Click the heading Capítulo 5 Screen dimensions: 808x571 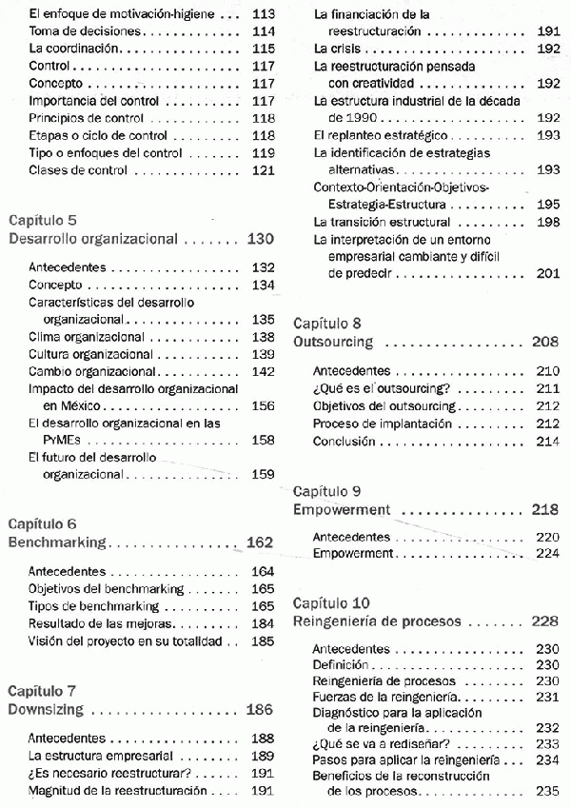[x=43, y=220]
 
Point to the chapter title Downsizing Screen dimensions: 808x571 [x=47, y=709]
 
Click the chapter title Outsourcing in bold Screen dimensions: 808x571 [x=333, y=342]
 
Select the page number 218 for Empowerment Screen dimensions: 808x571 [x=545, y=509]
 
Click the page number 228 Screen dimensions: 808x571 [x=545, y=621]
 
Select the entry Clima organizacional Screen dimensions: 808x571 [x=87, y=337]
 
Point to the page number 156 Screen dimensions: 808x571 [x=263, y=405]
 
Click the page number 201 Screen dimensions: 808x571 [x=547, y=273]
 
